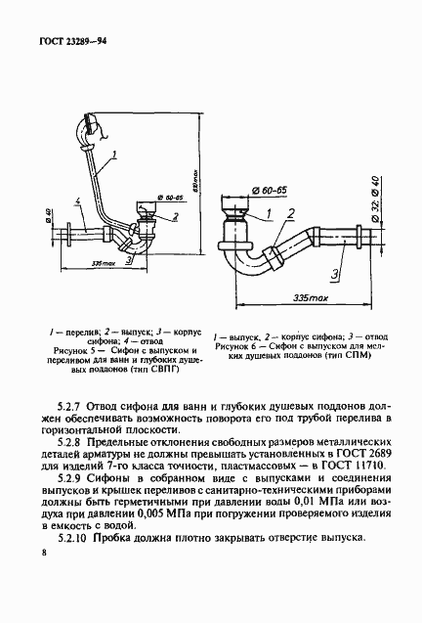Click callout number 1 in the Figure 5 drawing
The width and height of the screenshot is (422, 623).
point(114,154)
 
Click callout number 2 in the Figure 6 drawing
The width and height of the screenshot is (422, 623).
point(290,212)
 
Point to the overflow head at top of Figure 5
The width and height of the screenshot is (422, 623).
point(90,124)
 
